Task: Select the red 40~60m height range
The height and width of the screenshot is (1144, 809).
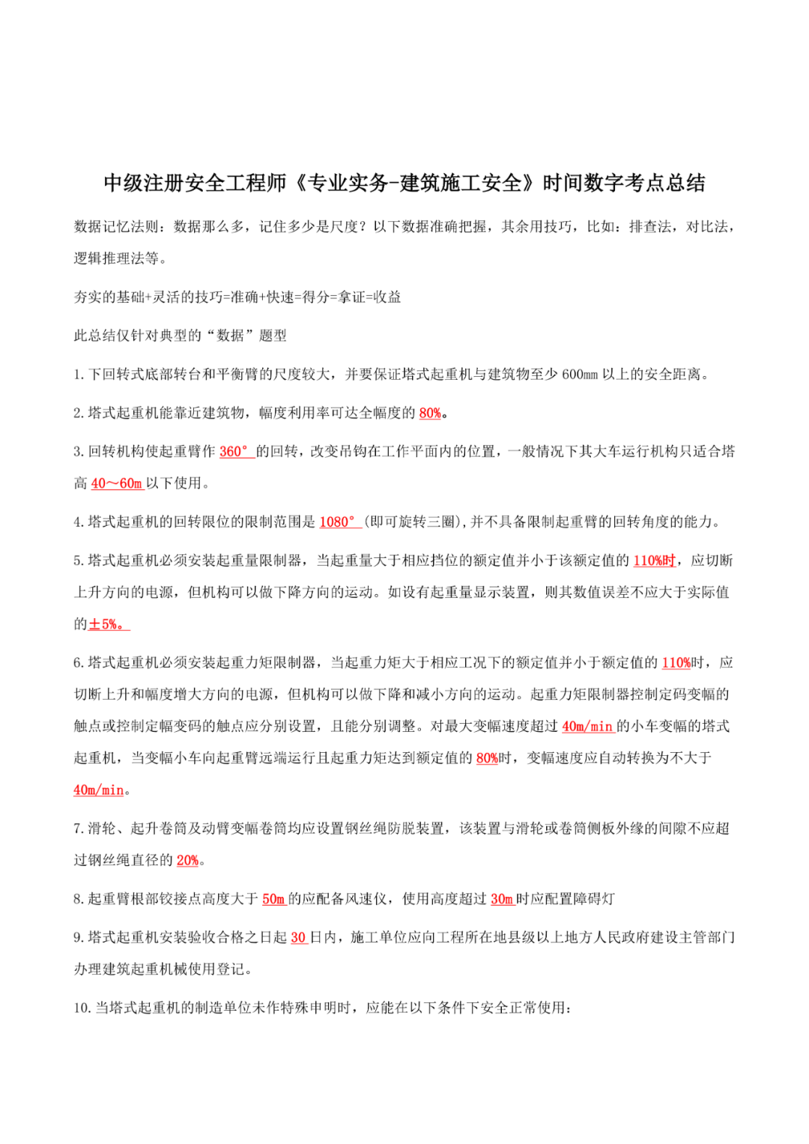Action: [x=116, y=484]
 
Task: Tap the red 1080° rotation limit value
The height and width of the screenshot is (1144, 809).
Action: [x=338, y=522]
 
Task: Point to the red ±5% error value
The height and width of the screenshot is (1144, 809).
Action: [x=107, y=625]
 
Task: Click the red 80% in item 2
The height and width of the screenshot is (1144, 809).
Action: [x=430, y=414]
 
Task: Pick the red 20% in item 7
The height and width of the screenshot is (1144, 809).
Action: [x=187, y=861]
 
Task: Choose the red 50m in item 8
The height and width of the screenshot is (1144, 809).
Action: [x=273, y=899]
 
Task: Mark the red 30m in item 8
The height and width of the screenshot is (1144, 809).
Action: [x=502, y=899]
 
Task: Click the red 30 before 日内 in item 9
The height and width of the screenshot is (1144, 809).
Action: [x=298, y=938]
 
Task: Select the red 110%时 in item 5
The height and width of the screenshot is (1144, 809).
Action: [x=655, y=561]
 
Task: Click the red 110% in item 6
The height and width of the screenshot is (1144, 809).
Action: [x=676, y=663]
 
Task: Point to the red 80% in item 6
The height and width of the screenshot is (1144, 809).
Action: [x=487, y=758]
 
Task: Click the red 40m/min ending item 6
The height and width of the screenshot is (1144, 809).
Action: [x=99, y=790]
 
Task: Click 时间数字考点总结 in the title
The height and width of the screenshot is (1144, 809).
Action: [x=624, y=184]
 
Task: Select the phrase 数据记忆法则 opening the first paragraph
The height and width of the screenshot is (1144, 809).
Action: [x=116, y=227]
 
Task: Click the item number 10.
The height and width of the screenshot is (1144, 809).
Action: [x=82, y=1008]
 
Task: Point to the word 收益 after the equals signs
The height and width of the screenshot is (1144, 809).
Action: [x=387, y=297]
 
